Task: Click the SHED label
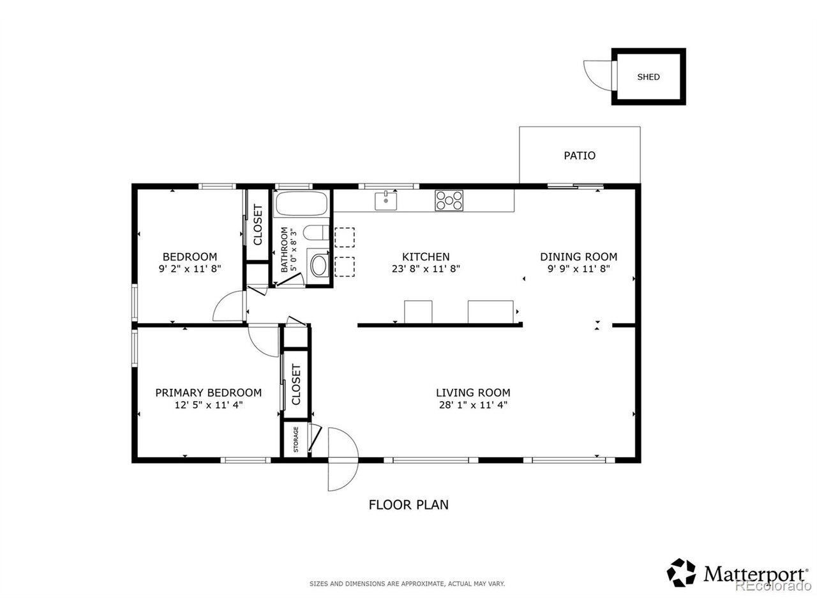click(648, 77)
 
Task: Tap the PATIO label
click(579, 156)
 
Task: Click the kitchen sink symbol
click(386, 201)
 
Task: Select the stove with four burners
click(449, 201)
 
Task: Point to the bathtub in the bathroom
click(301, 203)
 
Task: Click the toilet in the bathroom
click(316, 232)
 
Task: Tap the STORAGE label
click(296, 439)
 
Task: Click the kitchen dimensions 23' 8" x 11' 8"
click(426, 269)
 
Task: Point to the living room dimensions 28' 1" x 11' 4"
click(473, 405)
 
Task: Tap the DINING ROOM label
click(578, 257)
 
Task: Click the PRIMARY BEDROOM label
click(209, 393)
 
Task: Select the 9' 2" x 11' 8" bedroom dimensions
click(190, 269)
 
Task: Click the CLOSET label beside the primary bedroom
click(296, 385)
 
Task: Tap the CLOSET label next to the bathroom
click(258, 225)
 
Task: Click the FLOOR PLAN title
click(408, 504)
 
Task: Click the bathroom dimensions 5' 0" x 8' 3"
click(294, 250)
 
